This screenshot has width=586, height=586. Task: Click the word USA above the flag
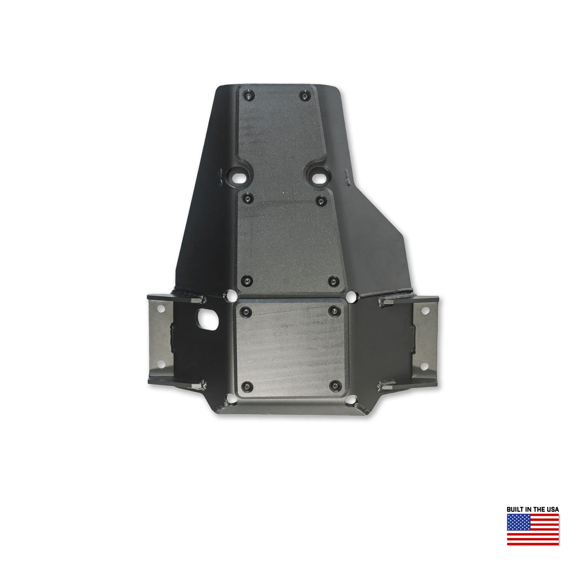click(x=553, y=509)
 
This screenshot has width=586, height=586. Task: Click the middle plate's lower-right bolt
click(x=333, y=282)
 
